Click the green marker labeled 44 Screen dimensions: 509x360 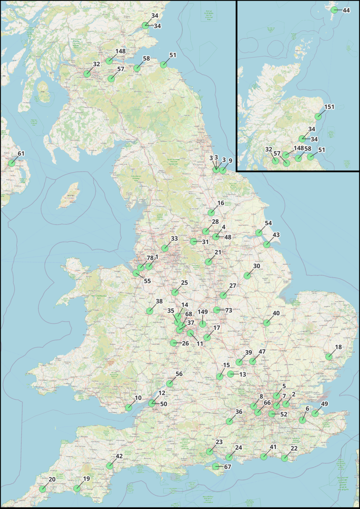[x=334, y=10]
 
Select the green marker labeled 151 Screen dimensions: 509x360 [x=318, y=116]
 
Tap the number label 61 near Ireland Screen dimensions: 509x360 [x=21, y=153]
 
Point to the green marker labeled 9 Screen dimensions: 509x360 [x=223, y=170]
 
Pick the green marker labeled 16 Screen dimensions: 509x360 [x=211, y=212]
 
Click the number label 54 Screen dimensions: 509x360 [x=268, y=223]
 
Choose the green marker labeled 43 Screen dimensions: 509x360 [x=267, y=244]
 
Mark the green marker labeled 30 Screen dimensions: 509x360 [x=247, y=275]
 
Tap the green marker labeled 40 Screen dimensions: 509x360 [x=267, y=323]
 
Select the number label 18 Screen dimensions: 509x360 [x=338, y=347]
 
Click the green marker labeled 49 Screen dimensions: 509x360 [x=315, y=413]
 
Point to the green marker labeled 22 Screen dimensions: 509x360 [x=284, y=458]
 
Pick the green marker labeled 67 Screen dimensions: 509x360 [x=216, y=466]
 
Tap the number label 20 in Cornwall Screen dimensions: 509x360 [x=52, y=479]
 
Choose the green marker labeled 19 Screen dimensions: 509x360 [x=77, y=488]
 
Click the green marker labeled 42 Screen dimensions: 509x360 [x=109, y=466]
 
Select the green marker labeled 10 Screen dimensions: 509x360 [x=129, y=408]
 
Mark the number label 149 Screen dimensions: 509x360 [x=202, y=312]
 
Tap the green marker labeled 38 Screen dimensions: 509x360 [x=149, y=311]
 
